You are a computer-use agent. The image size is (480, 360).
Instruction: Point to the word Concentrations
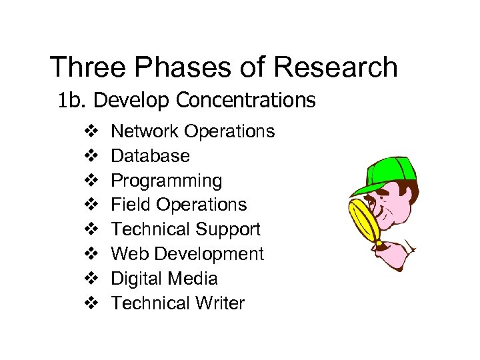246,100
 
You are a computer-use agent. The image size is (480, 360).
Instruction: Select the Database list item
150,156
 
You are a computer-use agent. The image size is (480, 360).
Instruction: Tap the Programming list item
166,181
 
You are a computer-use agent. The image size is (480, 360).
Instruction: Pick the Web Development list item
187,254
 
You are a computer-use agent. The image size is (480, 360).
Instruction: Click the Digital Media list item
164,279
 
